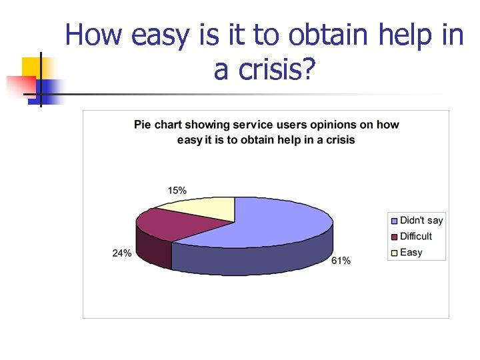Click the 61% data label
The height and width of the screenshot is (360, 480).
point(341,261)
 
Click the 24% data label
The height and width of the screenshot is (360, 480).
point(121,253)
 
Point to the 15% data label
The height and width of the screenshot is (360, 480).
point(177,190)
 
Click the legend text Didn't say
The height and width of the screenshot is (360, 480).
point(421,221)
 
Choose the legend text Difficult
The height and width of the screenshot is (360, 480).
point(416,237)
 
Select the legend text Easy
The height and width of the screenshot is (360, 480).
point(411,253)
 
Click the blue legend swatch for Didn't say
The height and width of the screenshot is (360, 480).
point(394,221)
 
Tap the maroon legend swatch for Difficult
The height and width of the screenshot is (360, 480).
point(394,237)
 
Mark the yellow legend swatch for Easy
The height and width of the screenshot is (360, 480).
point(394,253)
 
